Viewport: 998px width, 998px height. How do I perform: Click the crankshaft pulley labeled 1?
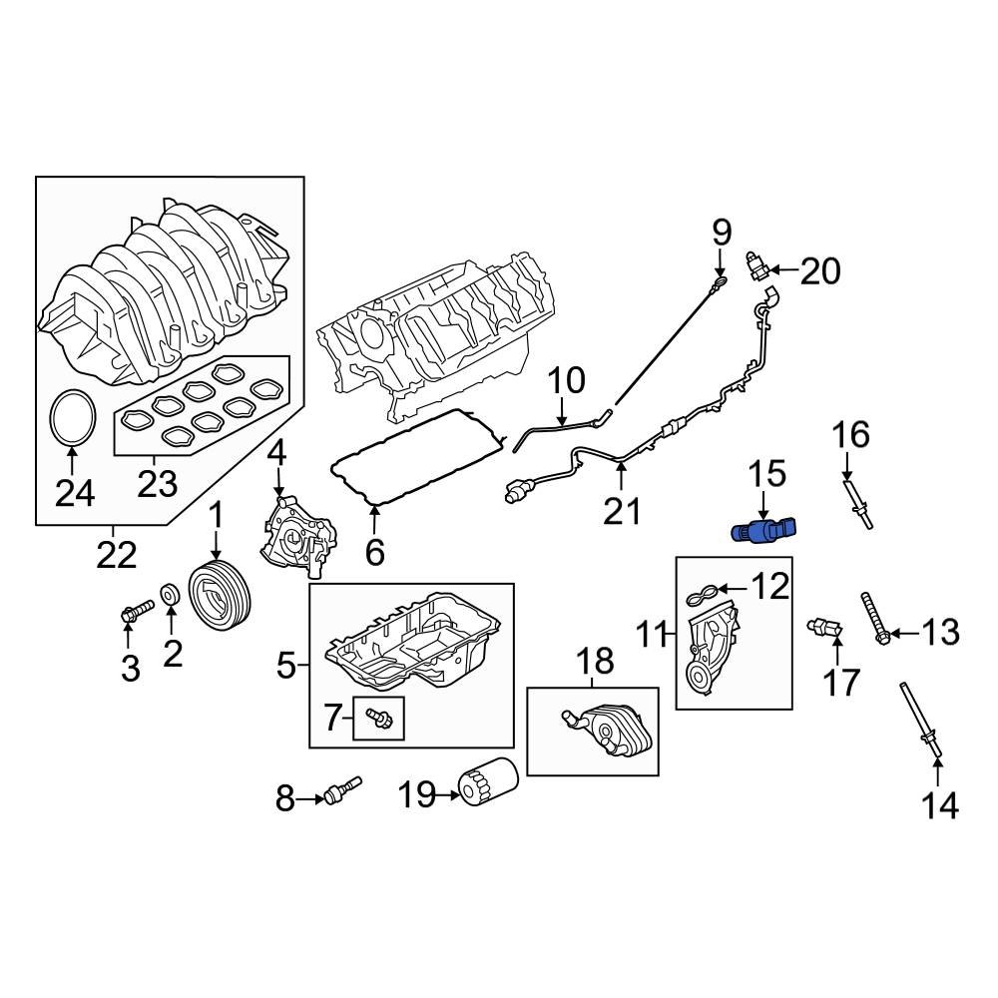222,598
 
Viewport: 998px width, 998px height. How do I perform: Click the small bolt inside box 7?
379,717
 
